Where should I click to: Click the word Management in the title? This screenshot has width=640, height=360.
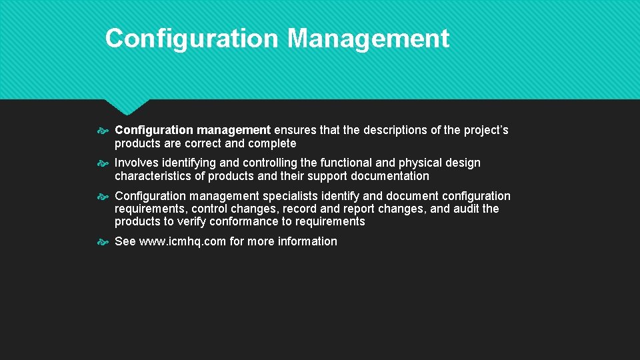coord(369,39)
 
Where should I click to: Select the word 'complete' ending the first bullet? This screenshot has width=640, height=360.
coord(271,143)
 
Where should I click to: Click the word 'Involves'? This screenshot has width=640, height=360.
coord(137,163)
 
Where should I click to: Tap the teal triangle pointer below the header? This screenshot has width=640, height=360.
coord(127,106)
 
